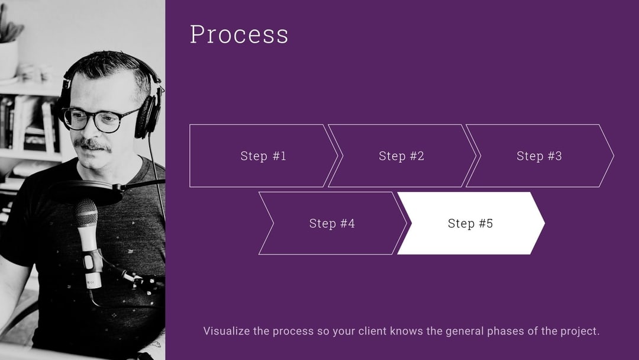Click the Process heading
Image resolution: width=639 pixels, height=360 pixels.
coord(239,34)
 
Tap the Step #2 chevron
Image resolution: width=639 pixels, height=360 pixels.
coord(402,156)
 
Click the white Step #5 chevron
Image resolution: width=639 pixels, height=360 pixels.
coord(470,223)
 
